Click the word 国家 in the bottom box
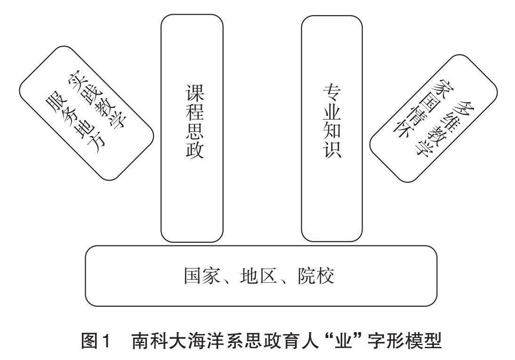201,276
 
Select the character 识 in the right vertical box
331,152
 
